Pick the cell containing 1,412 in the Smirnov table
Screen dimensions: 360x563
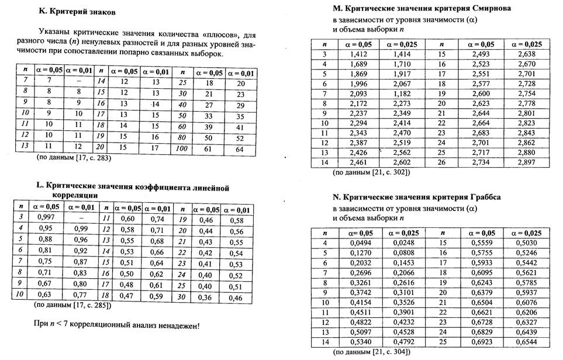358,54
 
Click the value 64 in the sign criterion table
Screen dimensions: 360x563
240,149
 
